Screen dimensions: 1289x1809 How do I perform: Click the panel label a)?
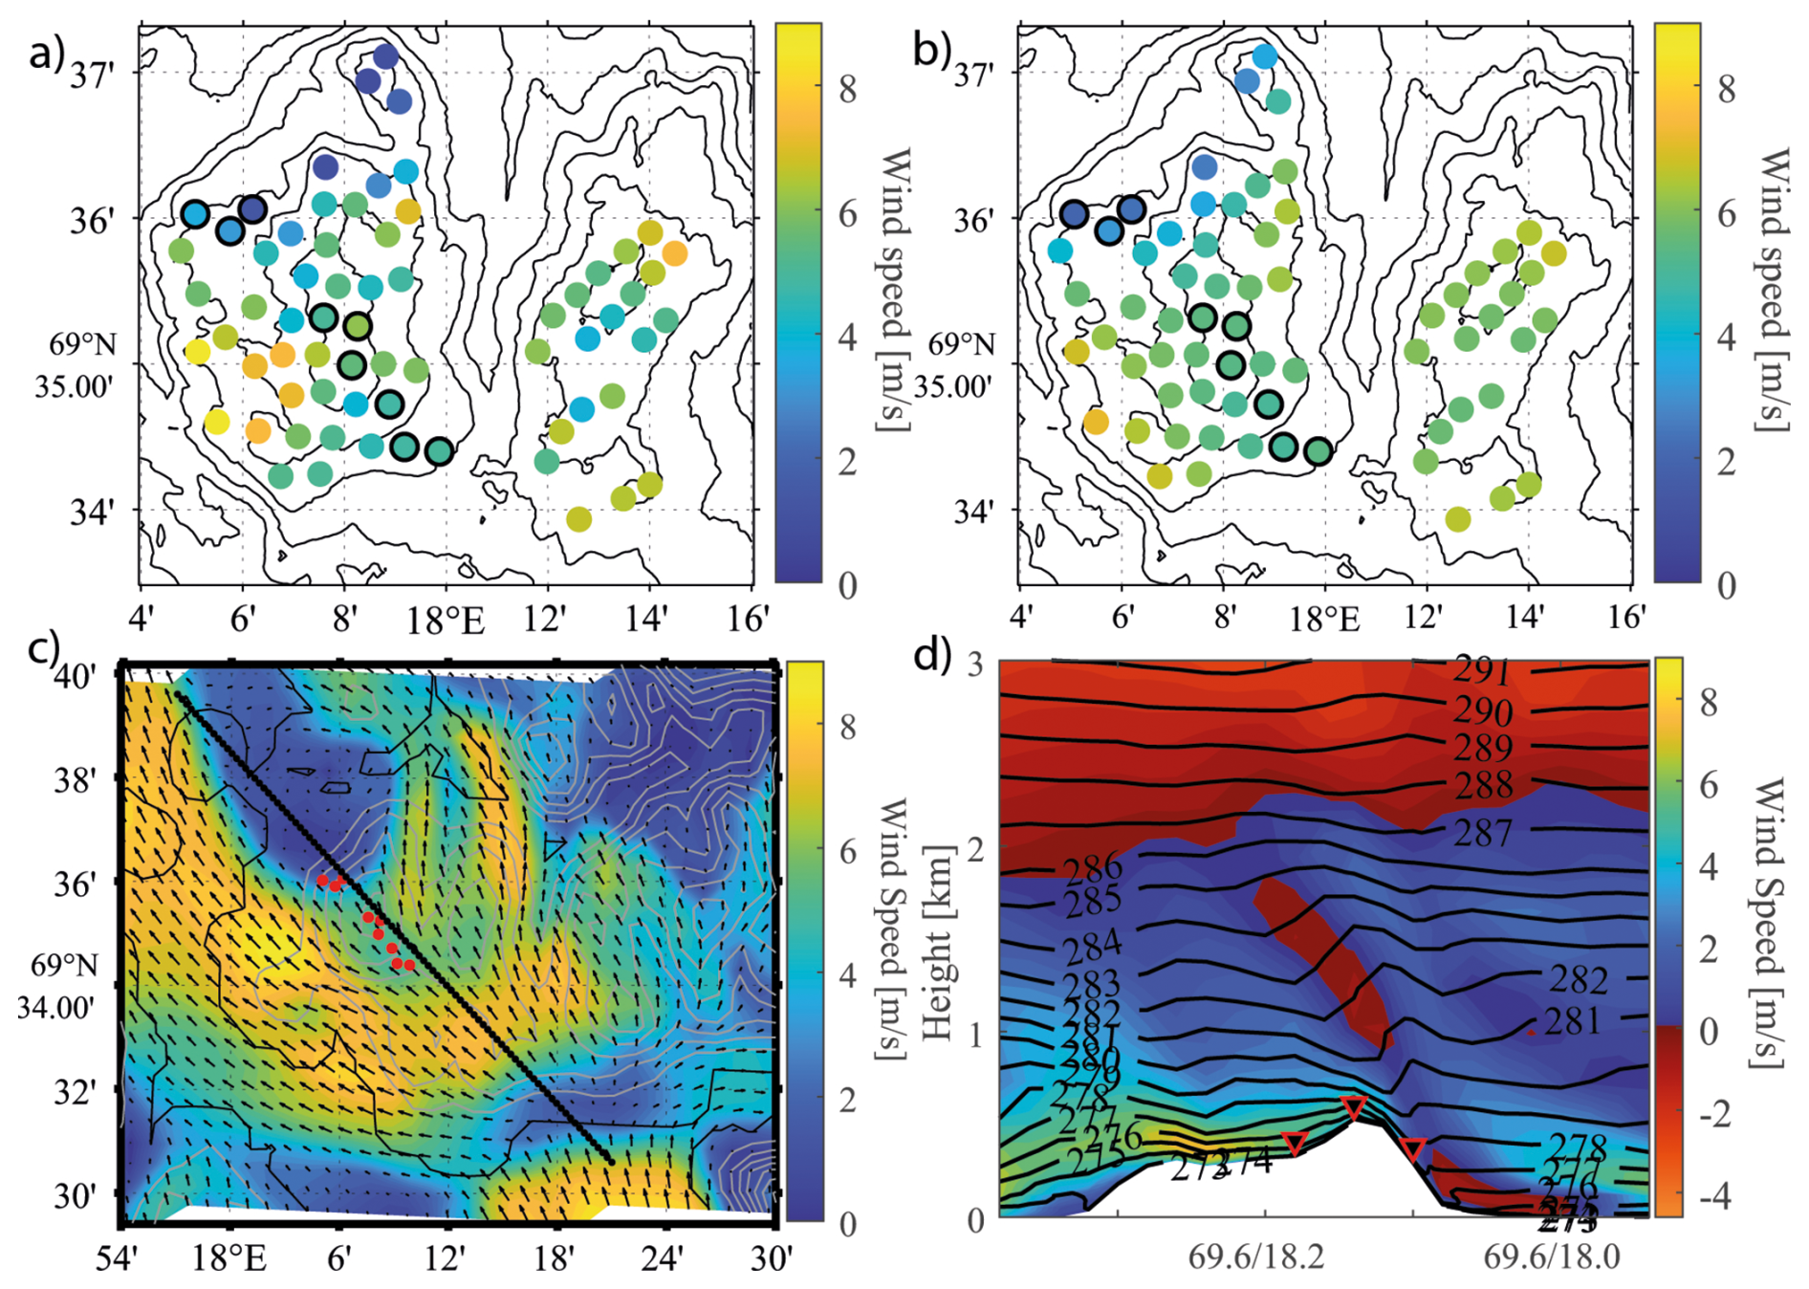pos(46,54)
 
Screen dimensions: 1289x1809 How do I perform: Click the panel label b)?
pos(929,52)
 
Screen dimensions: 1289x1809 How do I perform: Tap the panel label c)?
pos(44,649)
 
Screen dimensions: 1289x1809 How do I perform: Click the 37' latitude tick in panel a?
pos(92,74)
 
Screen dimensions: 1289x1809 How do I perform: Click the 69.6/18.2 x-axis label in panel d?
pos(1256,1256)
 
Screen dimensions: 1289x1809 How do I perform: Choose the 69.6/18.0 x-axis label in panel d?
pos(1552,1256)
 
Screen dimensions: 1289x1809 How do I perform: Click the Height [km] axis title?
pos(939,943)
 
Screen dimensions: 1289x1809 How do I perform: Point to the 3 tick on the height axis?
pos(975,664)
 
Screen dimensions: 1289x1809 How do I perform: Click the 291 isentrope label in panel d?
pos(1482,671)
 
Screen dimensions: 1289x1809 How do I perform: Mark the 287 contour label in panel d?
pos(1483,834)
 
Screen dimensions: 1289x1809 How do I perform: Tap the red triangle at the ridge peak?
pos(1353,1107)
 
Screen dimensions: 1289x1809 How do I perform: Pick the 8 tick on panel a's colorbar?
pos(847,91)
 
